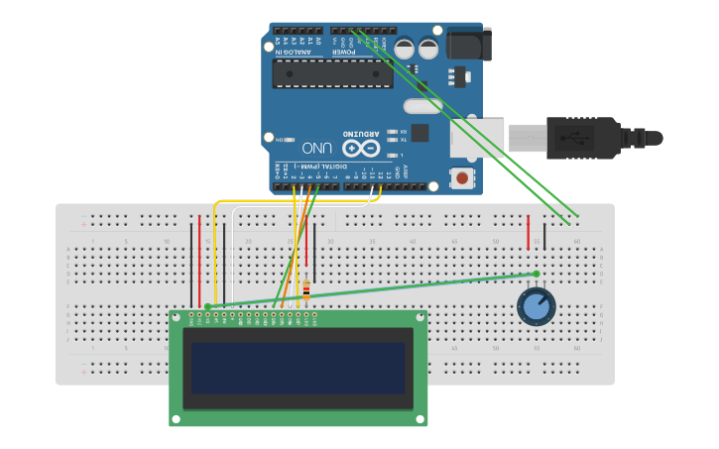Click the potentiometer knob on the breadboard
pos(536,305)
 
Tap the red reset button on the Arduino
pos(461,178)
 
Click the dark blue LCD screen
pos(299,368)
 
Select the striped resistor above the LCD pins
pos(305,289)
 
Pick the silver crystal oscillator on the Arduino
pos(422,106)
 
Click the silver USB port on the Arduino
pos(477,138)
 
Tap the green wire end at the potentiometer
pos(537,274)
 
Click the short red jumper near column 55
pos(528,232)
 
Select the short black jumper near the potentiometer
pos(543,235)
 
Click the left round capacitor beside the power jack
pos(405,48)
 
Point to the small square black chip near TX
pos(419,133)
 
